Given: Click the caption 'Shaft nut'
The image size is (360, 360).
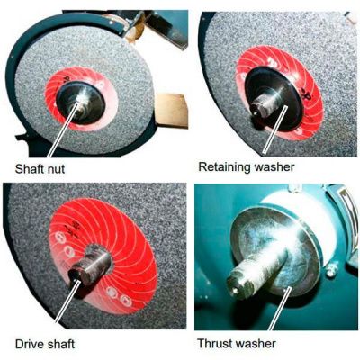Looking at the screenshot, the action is point(40,168).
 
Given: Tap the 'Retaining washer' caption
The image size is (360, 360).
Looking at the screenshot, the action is point(247,166).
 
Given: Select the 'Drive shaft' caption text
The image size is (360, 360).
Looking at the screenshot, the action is point(45,344).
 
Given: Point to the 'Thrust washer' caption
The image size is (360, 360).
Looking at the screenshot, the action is point(237,343).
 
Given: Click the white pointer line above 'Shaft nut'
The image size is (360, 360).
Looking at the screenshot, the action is point(64,130).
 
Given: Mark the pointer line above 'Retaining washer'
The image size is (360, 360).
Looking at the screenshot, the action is point(274,129).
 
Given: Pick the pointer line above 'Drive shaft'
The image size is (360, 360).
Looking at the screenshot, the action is point(66,301).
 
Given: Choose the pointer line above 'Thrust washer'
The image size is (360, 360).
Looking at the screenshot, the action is point(280,308).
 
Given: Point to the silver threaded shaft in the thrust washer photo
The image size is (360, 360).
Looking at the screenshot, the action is point(255,272).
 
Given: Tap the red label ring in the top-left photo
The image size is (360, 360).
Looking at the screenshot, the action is point(81,102).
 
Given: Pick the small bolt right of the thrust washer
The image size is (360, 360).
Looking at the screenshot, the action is point(331,270).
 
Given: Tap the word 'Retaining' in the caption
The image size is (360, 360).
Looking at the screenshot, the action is point(224,166).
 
